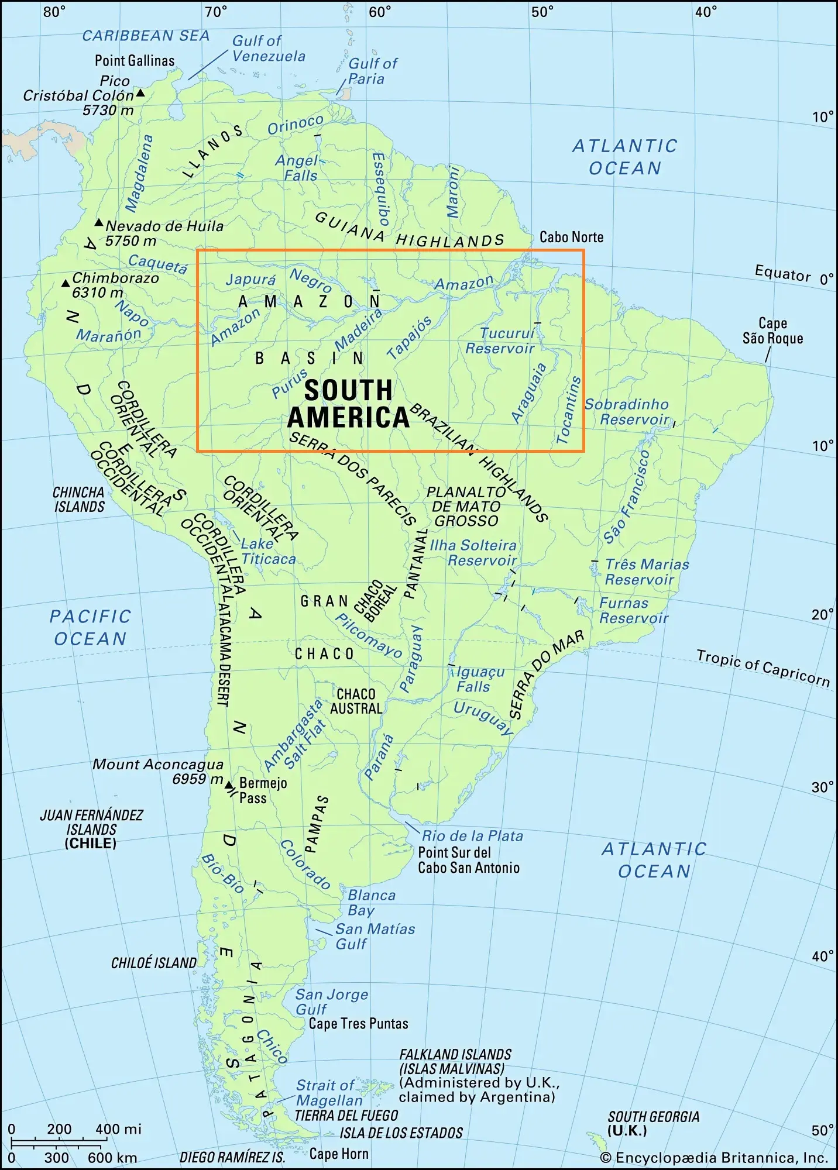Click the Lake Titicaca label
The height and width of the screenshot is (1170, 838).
click(269, 551)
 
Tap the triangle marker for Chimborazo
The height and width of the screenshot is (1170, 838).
click(66, 284)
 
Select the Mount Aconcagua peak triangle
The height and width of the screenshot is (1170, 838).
click(229, 785)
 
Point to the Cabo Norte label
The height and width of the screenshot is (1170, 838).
click(571, 237)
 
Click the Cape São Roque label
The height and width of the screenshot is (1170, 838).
click(772, 331)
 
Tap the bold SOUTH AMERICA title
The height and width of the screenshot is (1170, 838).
click(348, 404)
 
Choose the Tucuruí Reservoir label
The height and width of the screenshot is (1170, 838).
click(501, 340)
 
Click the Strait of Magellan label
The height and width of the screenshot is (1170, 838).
click(327, 1093)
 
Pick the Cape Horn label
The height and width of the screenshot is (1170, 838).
click(339, 1154)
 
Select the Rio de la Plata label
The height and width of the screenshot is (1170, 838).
click(472, 836)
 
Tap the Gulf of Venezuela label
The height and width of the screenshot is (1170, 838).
click(269, 49)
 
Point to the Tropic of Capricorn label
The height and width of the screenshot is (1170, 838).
click(763, 667)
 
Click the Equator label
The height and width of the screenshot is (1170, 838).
click(782, 273)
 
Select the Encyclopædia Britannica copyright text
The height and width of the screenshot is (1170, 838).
click(714, 1158)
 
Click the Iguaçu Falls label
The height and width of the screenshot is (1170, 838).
click(479, 679)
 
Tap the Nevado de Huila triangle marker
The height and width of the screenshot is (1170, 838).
click(99, 223)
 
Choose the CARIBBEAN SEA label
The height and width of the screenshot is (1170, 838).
click(146, 36)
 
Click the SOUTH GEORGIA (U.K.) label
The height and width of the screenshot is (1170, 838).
click(653, 1123)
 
